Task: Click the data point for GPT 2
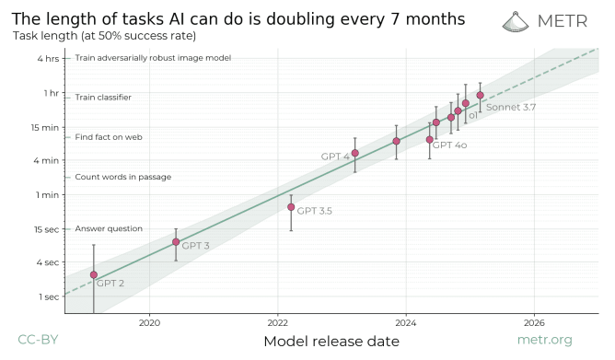point(94,274)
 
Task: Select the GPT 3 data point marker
point(176,242)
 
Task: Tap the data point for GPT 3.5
point(291,207)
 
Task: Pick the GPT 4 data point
point(355,153)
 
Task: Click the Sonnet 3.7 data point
point(480,95)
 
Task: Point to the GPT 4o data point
point(429,139)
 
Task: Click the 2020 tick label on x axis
point(149,321)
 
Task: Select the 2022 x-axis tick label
point(277,321)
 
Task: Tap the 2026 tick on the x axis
point(534,321)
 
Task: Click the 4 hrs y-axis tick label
point(49,58)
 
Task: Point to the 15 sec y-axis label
point(47,228)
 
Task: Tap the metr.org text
point(570,340)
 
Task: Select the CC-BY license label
point(38,340)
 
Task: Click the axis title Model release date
point(331,342)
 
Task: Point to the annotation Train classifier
point(102,97)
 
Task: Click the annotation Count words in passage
point(122,177)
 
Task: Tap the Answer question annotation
point(109,228)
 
